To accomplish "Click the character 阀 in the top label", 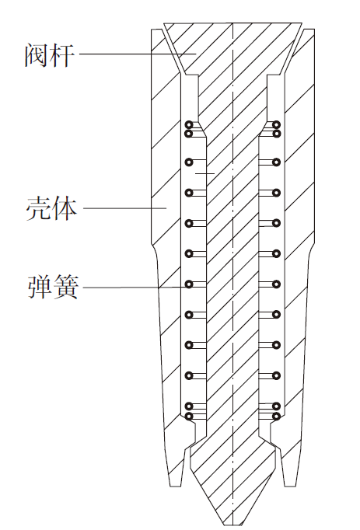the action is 36,55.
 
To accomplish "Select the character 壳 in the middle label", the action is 38,209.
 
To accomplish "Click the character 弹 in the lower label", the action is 40,287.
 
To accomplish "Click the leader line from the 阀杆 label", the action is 138,54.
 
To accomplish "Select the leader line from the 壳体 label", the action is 125,208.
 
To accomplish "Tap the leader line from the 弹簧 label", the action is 135,288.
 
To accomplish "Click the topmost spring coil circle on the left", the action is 189,124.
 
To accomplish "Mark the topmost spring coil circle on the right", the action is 277,124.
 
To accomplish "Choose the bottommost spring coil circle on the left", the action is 189,416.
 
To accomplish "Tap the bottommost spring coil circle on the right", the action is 277,416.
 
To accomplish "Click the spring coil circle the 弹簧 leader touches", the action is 189,284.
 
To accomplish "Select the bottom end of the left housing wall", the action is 177,486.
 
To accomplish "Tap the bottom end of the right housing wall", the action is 289,486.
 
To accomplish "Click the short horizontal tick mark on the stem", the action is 205,173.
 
